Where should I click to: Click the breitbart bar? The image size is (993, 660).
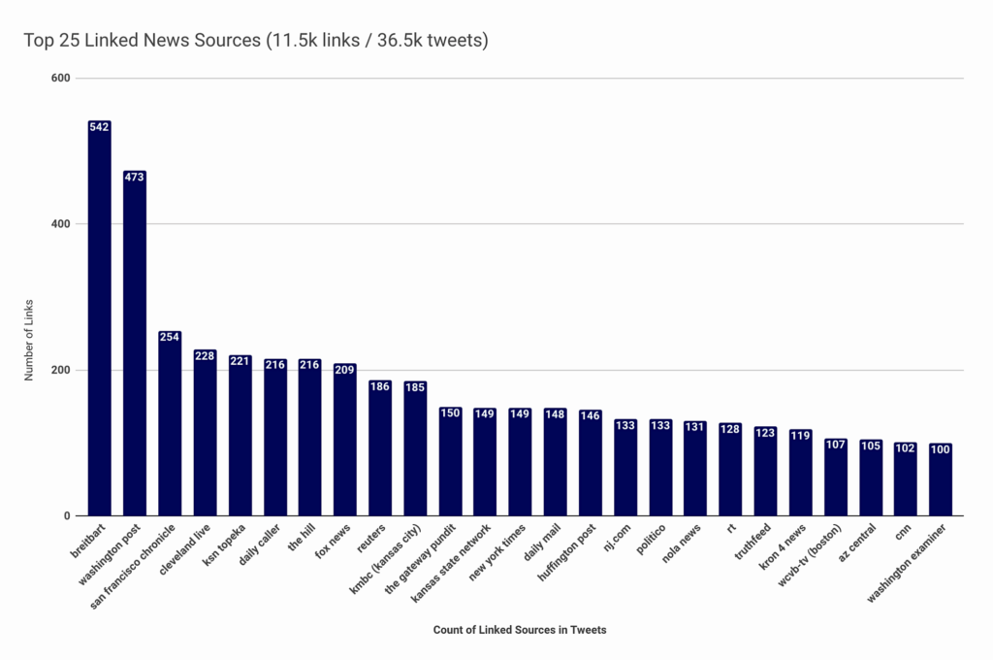tap(99, 320)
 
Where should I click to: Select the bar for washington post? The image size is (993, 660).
tap(135, 345)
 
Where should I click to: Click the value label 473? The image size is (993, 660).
tap(135, 177)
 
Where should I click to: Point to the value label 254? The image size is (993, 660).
tap(170, 337)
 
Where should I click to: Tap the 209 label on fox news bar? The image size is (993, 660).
tap(345, 370)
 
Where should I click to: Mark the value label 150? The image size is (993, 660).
tap(450, 412)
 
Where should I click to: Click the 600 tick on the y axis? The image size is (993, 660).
tap(62, 78)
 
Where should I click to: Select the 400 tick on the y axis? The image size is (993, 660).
tap(62, 224)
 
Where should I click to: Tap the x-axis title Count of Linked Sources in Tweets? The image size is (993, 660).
tap(520, 630)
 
